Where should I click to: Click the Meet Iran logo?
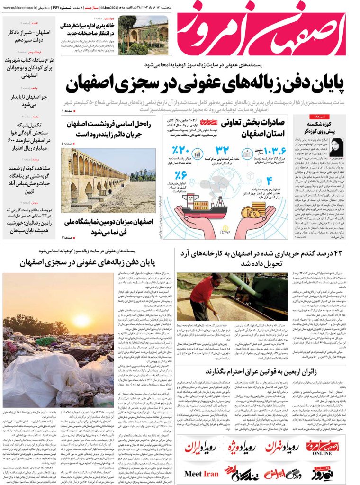tap(201, 474)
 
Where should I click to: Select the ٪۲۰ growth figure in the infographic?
tap(181, 151)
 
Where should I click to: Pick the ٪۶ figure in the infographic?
tap(181, 176)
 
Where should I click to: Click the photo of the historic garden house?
tap(143, 36)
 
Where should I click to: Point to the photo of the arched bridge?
tap(108, 180)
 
